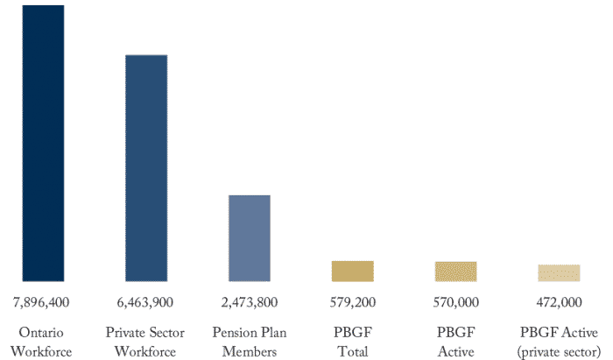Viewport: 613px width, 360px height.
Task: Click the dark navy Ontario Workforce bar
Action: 42,144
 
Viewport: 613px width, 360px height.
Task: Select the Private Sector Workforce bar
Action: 146,168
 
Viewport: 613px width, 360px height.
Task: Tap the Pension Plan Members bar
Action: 250,238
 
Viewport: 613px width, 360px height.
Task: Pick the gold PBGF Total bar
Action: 352,272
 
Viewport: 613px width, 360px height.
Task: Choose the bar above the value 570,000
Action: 455,272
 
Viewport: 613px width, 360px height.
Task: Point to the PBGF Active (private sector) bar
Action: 559,273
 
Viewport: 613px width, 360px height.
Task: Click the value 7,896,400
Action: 41,302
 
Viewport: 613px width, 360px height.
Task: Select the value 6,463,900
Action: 144,302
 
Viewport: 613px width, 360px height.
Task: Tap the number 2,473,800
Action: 249,302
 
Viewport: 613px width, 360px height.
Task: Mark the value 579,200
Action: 352,302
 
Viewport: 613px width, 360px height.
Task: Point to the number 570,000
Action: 455,302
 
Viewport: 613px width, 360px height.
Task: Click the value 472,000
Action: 559,302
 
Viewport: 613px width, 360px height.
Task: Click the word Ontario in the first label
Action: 41,333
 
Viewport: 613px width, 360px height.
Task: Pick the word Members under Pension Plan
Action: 249,352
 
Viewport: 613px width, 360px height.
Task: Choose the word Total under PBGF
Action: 352,352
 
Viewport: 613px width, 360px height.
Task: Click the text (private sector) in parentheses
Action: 559,352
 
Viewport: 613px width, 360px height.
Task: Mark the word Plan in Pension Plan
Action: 272,333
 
